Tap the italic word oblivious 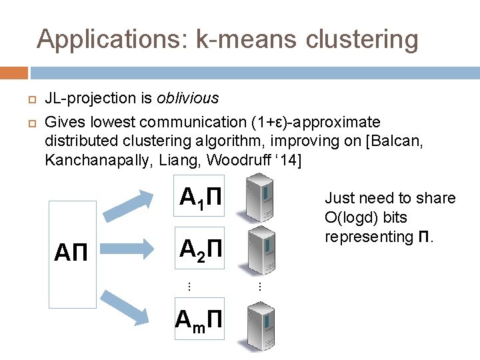[x=187, y=99]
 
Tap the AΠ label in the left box [x=73, y=253]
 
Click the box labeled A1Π [x=199, y=197]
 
